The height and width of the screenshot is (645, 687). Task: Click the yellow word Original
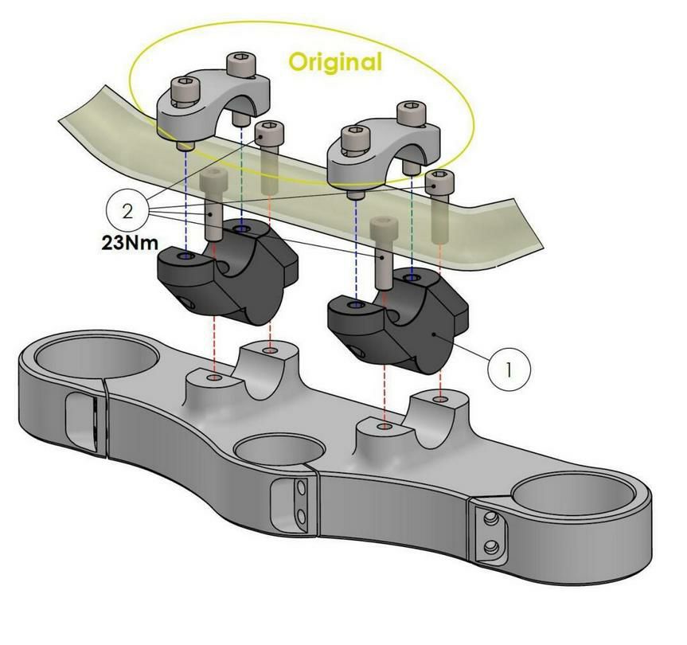pos(335,61)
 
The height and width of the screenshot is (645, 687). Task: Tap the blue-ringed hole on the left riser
pos(185,257)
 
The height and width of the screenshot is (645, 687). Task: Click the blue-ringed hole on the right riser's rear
pos(412,277)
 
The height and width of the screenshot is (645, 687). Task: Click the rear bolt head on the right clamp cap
pos(410,109)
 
